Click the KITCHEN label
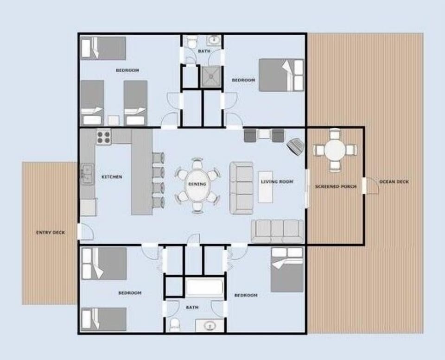tap(112, 177)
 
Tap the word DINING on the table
tap(197, 184)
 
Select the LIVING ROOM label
tap(277, 182)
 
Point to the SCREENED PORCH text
tap(336, 187)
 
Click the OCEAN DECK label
tap(394, 182)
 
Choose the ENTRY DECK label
tap(51, 232)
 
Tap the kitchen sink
tap(87, 174)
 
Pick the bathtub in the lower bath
tap(204, 287)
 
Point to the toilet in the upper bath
tap(191, 43)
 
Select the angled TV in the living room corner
tap(295, 146)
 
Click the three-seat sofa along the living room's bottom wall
tap(277, 231)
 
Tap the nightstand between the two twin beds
tap(114, 120)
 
